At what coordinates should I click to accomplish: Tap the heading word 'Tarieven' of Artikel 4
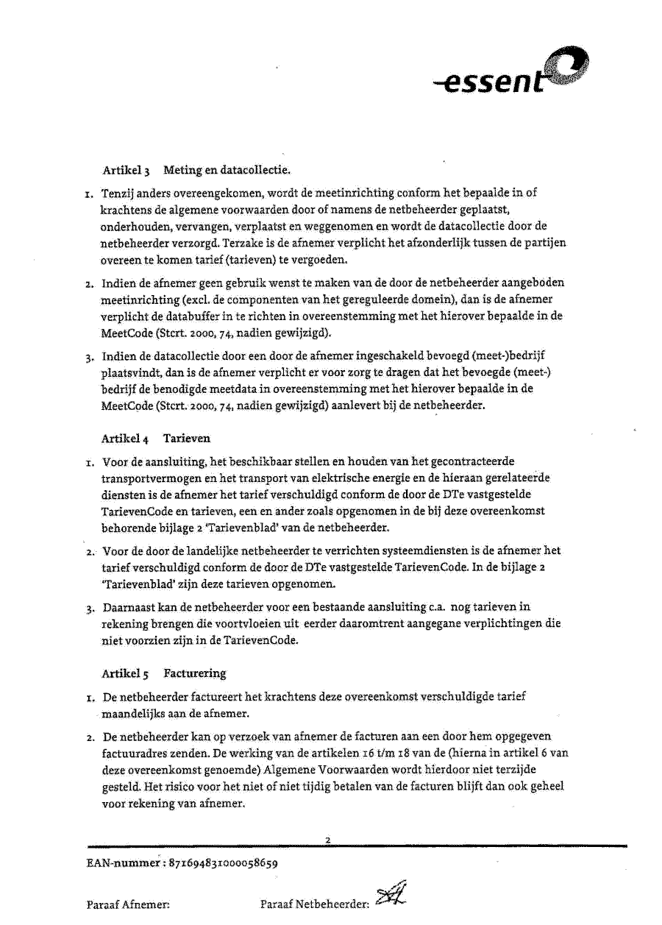187,439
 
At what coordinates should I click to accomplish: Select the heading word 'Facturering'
195,673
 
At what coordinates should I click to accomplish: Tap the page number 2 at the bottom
328,840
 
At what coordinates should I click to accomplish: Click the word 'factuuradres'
135,754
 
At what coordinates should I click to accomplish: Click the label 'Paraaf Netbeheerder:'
314,904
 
